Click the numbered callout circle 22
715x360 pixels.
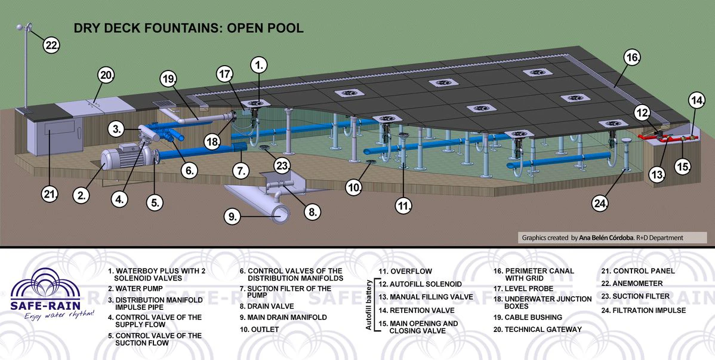[51, 45]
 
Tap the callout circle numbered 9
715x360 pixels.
[233, 216]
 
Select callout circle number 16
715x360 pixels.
[632, 57]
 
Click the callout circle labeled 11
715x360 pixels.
[403, 206]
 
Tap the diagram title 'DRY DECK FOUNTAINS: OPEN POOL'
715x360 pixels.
[189, 28]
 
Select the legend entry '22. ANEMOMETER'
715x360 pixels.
[631, 284]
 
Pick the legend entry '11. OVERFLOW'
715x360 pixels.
[405, 271]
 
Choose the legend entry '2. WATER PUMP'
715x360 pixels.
[135, 288]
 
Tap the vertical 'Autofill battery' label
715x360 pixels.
[368, 305]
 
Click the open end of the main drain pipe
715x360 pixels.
[281, 213]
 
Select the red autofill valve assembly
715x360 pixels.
[667, 136]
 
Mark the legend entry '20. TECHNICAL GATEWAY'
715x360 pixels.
[538, 329]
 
